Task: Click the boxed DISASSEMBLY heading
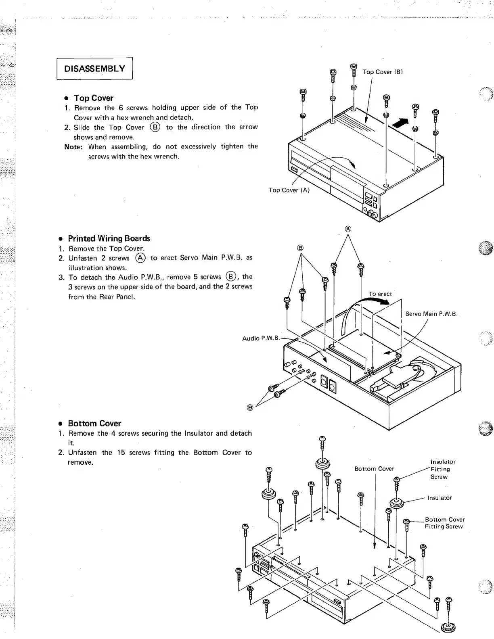pyautogui.click(x=94, y=69)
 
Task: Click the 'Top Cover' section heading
pyautogui.click(x=93, y=98)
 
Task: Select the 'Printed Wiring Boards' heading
pyautogui.click(x=109, y=238)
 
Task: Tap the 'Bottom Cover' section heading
pyautogui.click(x=94, y=423)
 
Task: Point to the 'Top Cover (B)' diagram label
pyautogui.click(x=383, y=72)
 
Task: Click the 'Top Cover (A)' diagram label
pyautogui.click(x=289, y=190)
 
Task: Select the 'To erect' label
pyautogui.click(x=380, y=294)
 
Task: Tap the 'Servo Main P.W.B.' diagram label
pyautogui.click(x=431, y=314)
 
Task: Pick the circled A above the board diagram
pyautogui.click(x=348, y=229)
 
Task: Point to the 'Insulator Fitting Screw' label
pyautogui.click(x=443, y=469)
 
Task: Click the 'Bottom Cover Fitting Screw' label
pyautogui.click(x=444, y=523)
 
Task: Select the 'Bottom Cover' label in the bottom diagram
pyautogui.click(x=374, y=468)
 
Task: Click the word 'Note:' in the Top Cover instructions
pyautogui.click(x=73, y=146)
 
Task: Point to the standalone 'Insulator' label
pyautogui.click(x=439, y=498)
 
